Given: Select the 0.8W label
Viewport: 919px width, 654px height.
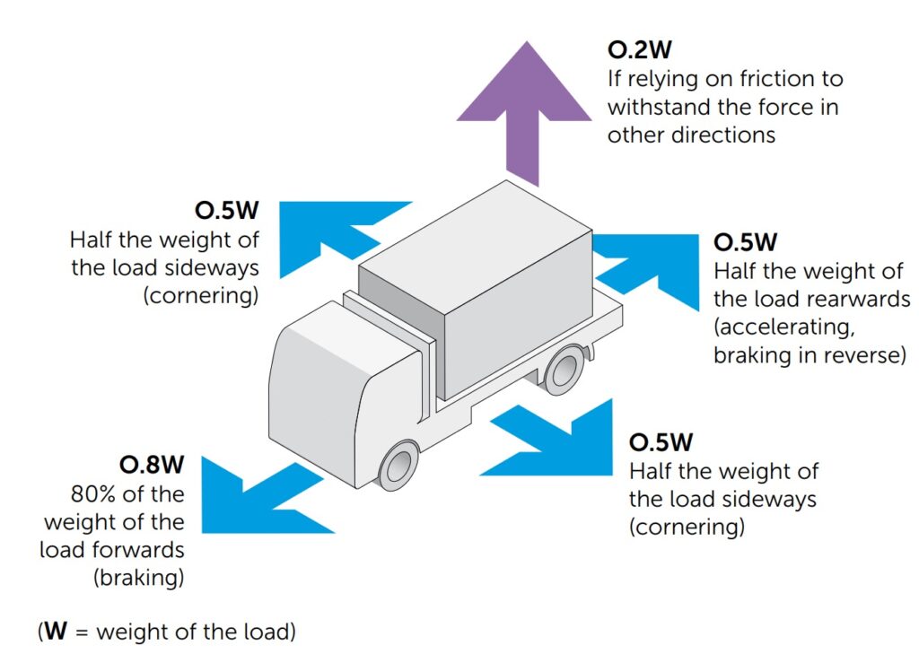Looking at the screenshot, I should (x=152, y=465).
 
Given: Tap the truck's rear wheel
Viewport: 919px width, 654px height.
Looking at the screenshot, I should (x=566, y=367).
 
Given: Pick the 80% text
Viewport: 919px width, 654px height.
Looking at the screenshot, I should (x=93, y=493).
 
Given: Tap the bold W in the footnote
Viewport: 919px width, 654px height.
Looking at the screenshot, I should (x=57, y=631).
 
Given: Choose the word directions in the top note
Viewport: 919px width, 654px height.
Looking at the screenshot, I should (x=718, y=135).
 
